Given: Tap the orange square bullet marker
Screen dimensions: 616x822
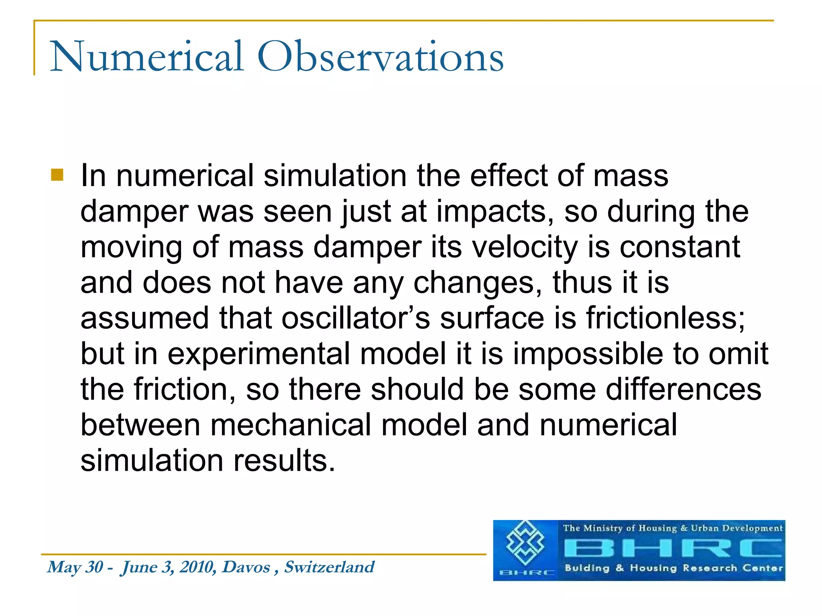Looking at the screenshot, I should click(57, 175).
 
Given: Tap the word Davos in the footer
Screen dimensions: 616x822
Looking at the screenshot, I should click(246, 567).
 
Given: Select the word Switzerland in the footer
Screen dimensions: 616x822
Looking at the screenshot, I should click(329, 567).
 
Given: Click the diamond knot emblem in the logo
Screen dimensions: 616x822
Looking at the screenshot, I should click(525, 543).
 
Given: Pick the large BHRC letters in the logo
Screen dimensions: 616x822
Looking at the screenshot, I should click(673, 548).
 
